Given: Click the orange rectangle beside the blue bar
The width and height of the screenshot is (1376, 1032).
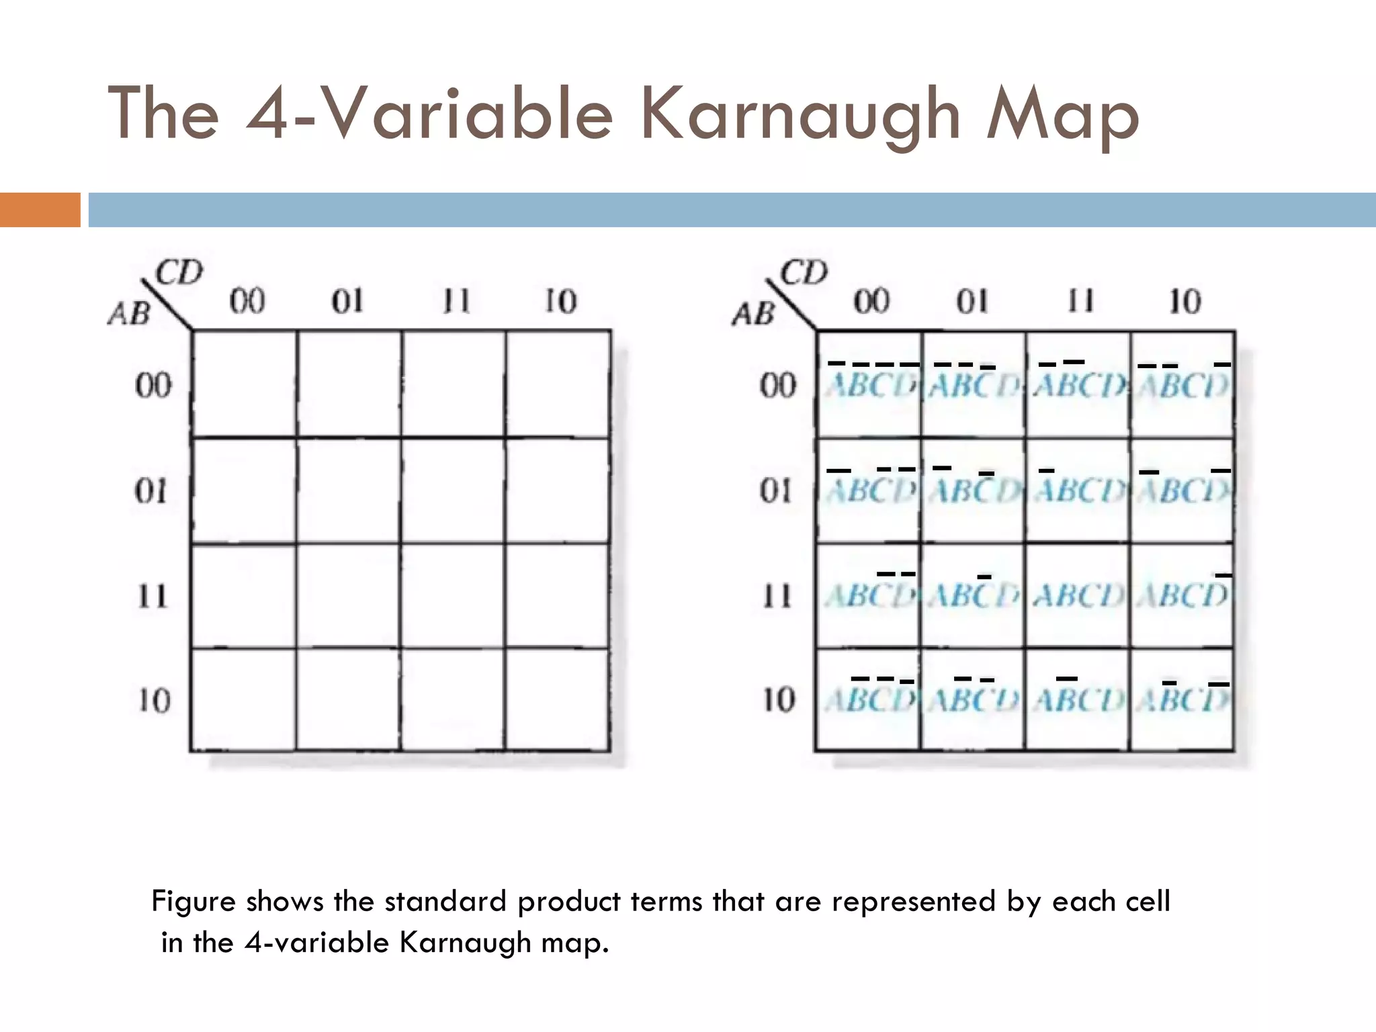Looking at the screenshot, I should click(40, 210).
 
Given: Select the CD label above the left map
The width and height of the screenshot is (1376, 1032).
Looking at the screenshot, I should click(179, 273).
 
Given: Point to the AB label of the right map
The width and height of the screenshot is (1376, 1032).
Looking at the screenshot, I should click(753, 314).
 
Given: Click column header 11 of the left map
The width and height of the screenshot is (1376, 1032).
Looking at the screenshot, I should click(456, 302).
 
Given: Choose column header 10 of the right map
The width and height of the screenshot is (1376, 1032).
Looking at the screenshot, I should click(1185, 302).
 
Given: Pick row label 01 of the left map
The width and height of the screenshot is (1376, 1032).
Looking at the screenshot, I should click(152, 491).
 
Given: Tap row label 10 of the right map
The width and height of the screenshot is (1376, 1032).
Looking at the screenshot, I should click(778, 699).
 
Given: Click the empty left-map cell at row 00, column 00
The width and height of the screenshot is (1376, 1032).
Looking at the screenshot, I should click(245, 384).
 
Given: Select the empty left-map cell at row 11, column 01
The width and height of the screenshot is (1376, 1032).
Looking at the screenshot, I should click(349, 595).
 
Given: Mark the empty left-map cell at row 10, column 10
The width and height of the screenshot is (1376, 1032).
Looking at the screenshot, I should click(558, 699).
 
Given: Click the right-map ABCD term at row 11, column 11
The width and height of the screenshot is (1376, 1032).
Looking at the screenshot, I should click(1078, 595).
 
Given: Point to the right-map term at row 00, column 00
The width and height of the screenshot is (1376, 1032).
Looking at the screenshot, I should click(870, 384).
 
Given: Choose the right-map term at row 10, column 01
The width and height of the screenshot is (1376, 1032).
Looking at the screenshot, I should click(974, 699).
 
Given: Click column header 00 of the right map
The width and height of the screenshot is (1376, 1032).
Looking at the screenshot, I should click(871, 302).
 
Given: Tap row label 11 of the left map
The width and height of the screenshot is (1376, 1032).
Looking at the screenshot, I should click(152, 595).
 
